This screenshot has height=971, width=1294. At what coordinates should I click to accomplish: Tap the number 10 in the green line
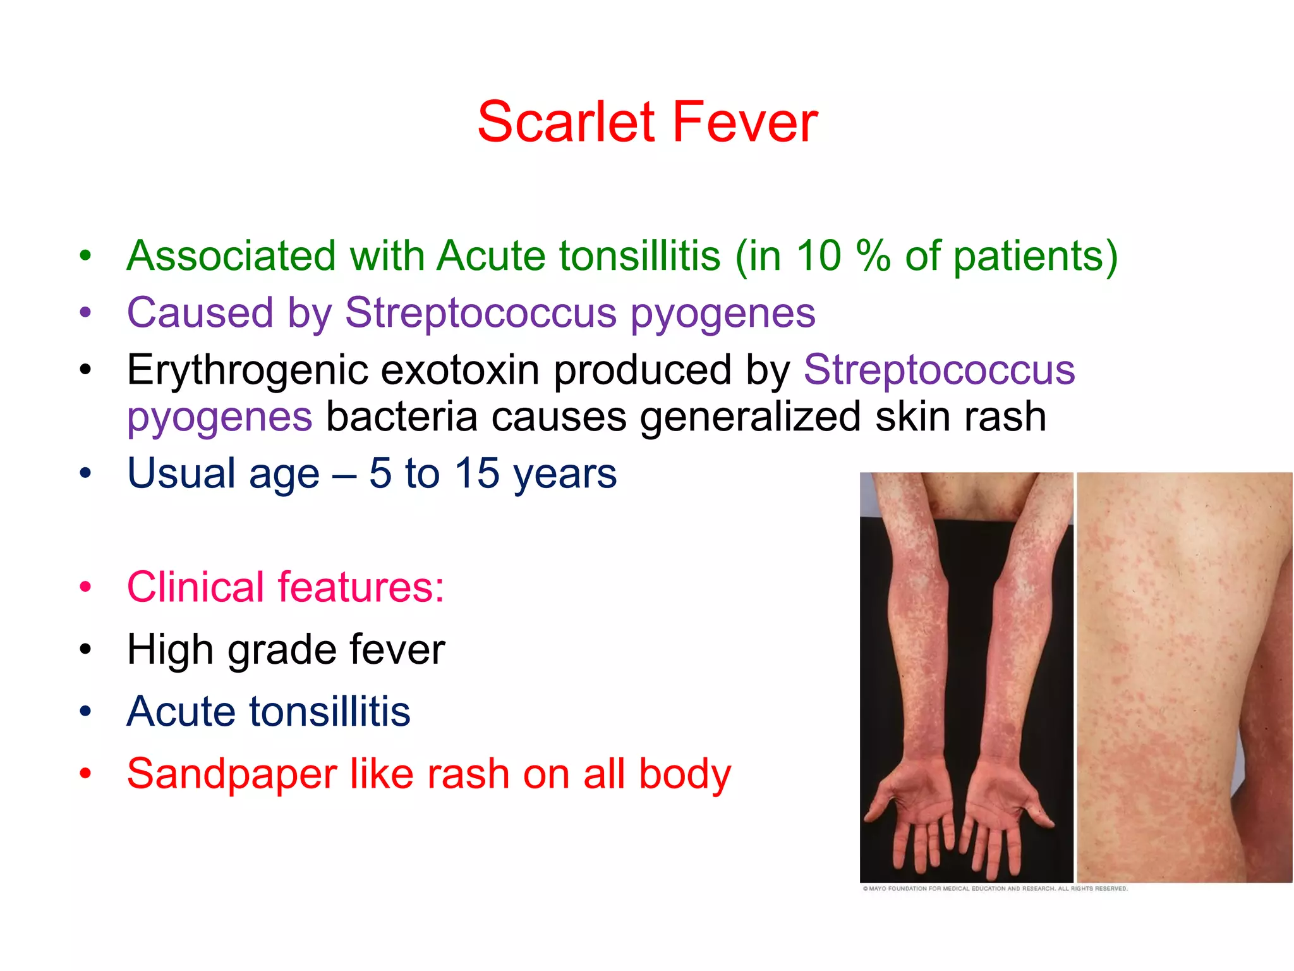point(819,256)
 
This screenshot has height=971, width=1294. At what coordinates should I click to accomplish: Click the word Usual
point(181,473)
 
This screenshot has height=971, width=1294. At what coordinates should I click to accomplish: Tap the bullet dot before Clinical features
point(86,587)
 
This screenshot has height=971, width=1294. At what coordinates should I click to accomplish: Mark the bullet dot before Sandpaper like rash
point(86,773)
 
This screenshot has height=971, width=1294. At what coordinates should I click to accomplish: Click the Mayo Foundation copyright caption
point(995,889)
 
